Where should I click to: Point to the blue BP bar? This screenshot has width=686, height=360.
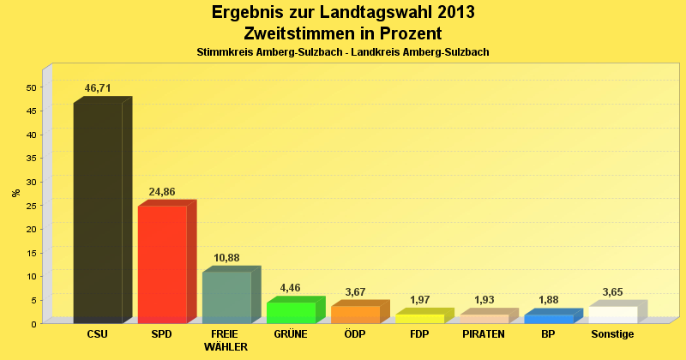548,318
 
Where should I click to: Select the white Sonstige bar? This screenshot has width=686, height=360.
612,315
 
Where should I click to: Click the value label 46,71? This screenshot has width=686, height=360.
98,88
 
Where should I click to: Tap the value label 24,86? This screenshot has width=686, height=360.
162,192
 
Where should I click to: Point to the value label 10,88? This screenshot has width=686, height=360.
226,258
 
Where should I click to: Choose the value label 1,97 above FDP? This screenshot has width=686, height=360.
419,300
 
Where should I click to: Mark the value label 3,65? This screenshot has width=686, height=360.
612,292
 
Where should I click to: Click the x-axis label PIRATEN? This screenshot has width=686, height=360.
484,334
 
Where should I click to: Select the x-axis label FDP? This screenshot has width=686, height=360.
419,334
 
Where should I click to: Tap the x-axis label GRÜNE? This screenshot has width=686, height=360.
291,334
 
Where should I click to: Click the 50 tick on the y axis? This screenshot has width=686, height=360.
31,87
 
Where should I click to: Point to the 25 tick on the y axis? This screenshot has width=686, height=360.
31,206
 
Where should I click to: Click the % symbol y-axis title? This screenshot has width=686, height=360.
15,193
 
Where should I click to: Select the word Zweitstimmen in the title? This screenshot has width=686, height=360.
297,33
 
